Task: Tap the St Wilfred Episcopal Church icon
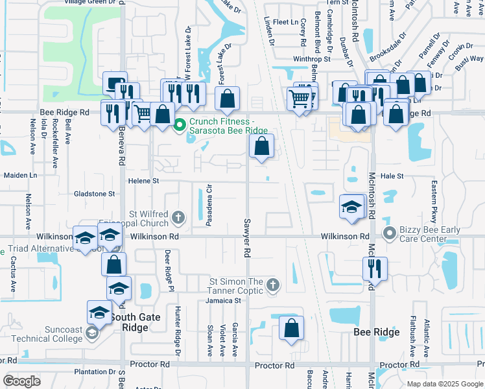178,217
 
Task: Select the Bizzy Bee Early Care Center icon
390,232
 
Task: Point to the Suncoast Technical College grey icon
92,333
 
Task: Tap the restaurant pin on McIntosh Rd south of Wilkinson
375,267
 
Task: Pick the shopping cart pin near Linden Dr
299,99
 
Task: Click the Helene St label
143,181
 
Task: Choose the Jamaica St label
219,300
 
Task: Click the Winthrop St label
312,59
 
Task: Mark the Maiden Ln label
21,175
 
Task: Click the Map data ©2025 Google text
444,383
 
